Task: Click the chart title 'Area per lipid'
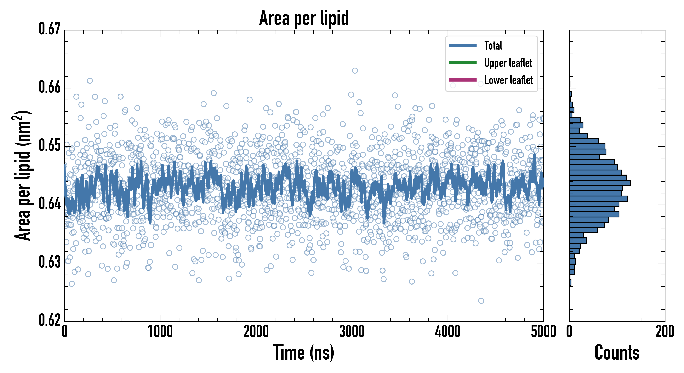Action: pos(304,18)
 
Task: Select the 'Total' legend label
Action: pos(493,45)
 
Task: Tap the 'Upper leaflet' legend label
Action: pos(508,63)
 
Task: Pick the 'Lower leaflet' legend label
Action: pos(508,80)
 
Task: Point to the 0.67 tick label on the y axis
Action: pos(50,29)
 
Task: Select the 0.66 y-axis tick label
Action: pos(50,87)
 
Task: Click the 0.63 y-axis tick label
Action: pos(50,262)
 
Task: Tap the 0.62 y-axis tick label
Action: pos(50,320)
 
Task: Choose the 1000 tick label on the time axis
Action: pos(160,332)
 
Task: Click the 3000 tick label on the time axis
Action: pos(352,332)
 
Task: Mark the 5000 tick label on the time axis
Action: pos(543,332)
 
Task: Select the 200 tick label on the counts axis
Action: pos(665,332)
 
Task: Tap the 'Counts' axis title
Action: pos(617,352)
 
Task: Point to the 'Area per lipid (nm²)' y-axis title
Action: pos(22,175)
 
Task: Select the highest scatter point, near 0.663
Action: pos(355,71)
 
